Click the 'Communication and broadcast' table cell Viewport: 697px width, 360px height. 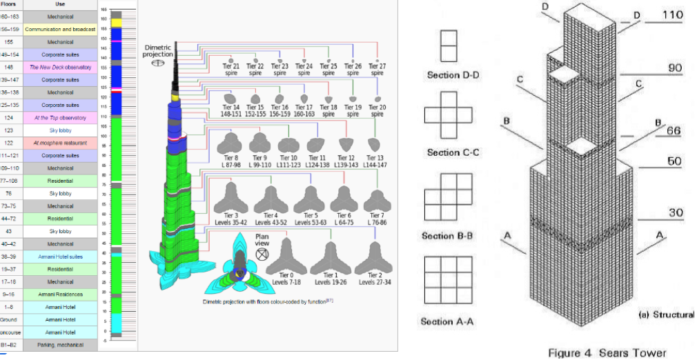pos(60,30)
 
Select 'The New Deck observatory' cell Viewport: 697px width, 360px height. pos(60,68)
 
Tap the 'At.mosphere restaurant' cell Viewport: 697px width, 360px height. pos(60,143)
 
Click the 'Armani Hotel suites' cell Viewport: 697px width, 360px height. pos(60,256)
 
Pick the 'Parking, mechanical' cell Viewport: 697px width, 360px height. pos(60,344)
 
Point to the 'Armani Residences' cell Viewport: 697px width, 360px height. pos(60,294)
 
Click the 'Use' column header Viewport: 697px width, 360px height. pos(60,4)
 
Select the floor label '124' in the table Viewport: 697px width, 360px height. pos(10,118)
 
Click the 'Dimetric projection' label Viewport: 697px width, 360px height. pos(157,51)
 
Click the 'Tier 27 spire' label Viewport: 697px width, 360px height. pos(377,69)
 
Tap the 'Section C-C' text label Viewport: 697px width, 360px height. pos(449,152)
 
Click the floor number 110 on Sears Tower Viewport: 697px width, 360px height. pos(673,14)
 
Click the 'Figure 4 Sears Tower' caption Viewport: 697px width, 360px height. pos(607,352)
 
